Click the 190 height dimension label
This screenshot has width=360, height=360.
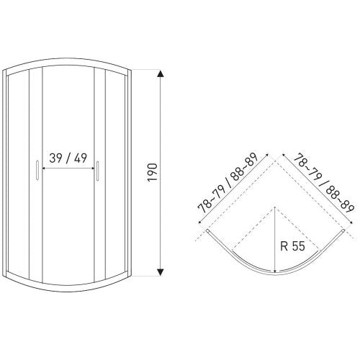tap(152, 172)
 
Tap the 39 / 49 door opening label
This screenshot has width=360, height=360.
tap(68, 158)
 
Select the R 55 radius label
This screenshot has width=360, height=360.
tap(292, 246)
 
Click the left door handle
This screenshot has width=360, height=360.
tap(37, 170)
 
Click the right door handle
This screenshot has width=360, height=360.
tap(97, 171)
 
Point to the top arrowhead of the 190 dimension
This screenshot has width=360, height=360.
tap(161, 73)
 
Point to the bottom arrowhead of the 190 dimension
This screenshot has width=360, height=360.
tap(161, 272)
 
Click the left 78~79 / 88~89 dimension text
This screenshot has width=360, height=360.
tap(228, 182)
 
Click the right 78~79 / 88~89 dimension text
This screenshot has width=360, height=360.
tap(324, 182)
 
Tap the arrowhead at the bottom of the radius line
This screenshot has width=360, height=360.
tap(275, 271)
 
